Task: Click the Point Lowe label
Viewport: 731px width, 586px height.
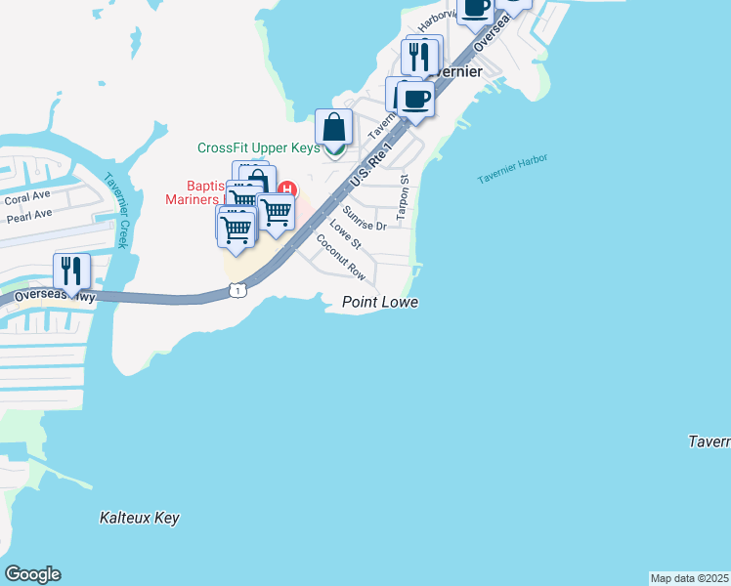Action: tap(380, 303)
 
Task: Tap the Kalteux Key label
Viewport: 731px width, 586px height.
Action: tap(140, 518)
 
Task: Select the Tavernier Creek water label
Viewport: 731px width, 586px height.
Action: tap(115, 211)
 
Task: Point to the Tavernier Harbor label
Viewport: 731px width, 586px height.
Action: tap(512, 169)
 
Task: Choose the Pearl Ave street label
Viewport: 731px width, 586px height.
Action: tap(28, 213)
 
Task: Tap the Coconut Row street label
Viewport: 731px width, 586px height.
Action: tap(340, 257)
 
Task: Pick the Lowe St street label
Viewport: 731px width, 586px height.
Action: tap(345, 234)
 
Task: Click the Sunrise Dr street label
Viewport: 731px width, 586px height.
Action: tap(365, 219)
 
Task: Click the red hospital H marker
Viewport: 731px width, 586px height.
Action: tap(287, 188)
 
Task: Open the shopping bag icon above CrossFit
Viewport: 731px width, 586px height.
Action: tap(333, 127)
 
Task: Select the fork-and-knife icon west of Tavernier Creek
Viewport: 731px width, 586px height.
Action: tap(71, 271)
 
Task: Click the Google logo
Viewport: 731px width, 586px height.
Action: tap(32, 574)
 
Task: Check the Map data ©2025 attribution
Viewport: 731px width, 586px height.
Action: tap(689, 578)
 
